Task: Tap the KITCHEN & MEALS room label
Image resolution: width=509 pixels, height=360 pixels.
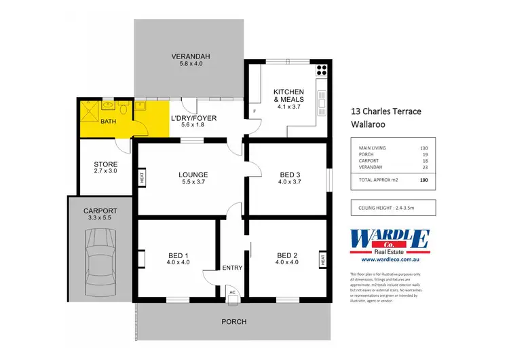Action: pos(288,96)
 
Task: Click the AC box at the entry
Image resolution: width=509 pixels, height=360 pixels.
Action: pos(232,292)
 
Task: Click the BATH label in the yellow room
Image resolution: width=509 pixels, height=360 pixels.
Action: pos(108,122)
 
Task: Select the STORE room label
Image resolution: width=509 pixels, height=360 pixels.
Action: pos(105,164)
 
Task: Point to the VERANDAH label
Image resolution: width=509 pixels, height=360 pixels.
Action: pos(187,56)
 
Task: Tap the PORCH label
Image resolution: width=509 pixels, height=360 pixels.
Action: pos(233,321)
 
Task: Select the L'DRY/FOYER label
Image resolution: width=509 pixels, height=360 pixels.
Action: pos(193,118)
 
